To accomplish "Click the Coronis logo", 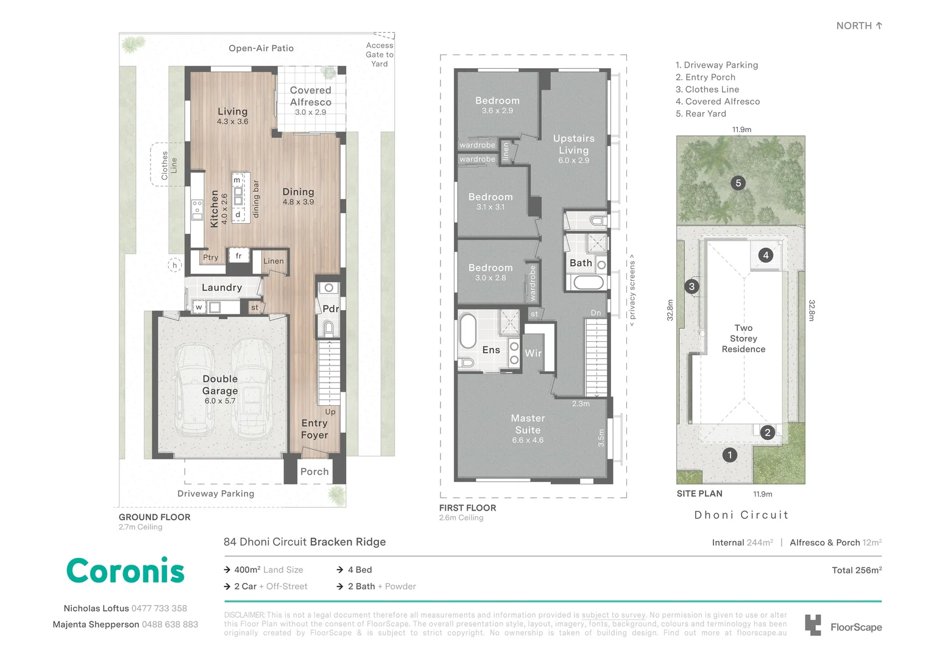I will point(125,571).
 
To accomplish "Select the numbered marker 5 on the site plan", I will point(738,183).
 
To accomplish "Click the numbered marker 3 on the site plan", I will point(691,286).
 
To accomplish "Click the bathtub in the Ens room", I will point(467,330).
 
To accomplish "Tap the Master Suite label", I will point(528,425).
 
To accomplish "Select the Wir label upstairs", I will point(533,353).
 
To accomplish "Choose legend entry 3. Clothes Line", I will point(707,90).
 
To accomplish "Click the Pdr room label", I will point(330,309).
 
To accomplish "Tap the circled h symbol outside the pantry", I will point(175,265).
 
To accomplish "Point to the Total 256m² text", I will point(856,570).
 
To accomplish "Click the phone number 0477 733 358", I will point(159,608).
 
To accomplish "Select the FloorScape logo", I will point(843,626).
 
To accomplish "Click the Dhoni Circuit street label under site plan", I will point(741,515).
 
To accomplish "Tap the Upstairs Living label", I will point(573,145).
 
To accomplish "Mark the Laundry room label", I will point(222,288).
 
